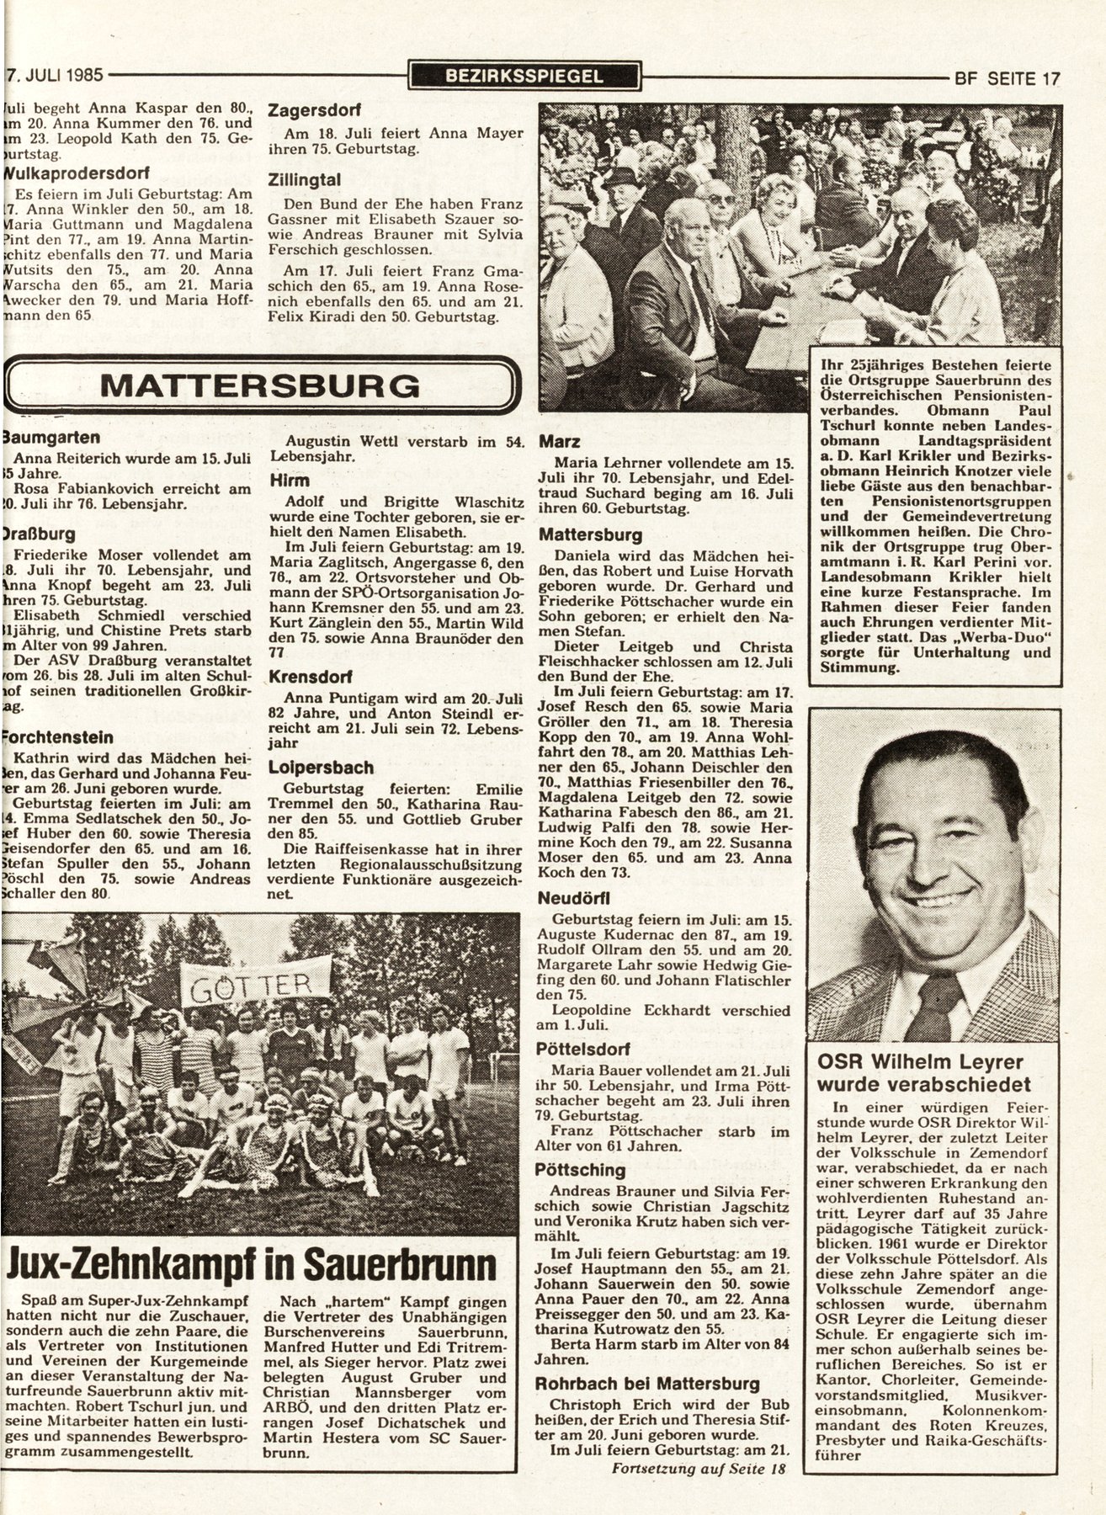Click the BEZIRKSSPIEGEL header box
[524, 76]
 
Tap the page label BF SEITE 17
[1006, 77]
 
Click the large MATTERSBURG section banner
[260, 385]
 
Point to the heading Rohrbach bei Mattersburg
[648, 1383]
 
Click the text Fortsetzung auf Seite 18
[693, 1492]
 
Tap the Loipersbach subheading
[321, 768]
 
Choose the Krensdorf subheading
[310, 677]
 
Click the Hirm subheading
[290, 480]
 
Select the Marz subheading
[559, 441]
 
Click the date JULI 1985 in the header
[58, 75]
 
